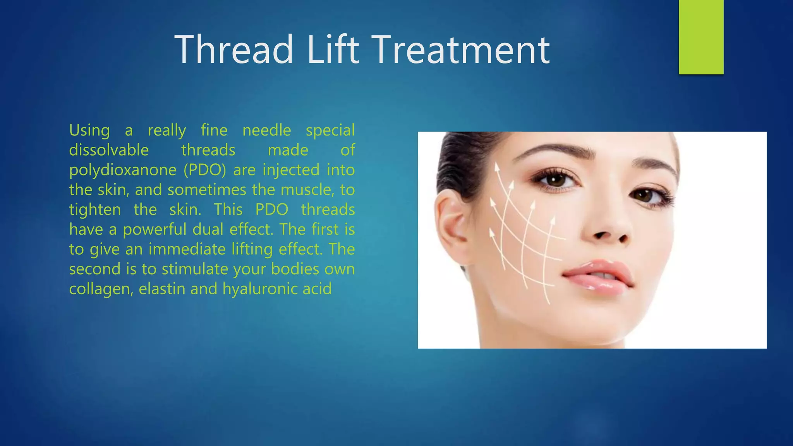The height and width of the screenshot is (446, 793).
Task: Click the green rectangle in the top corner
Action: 701,37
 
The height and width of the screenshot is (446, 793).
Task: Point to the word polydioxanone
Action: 123,170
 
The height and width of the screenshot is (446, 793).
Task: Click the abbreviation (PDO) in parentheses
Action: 205,170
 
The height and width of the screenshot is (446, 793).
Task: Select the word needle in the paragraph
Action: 266,130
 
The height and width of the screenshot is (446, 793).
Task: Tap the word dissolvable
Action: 109,150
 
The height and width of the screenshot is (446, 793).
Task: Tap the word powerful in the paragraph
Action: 154,229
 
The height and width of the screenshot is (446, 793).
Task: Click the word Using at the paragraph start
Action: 89,130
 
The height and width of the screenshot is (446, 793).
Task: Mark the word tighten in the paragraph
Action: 95,209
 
